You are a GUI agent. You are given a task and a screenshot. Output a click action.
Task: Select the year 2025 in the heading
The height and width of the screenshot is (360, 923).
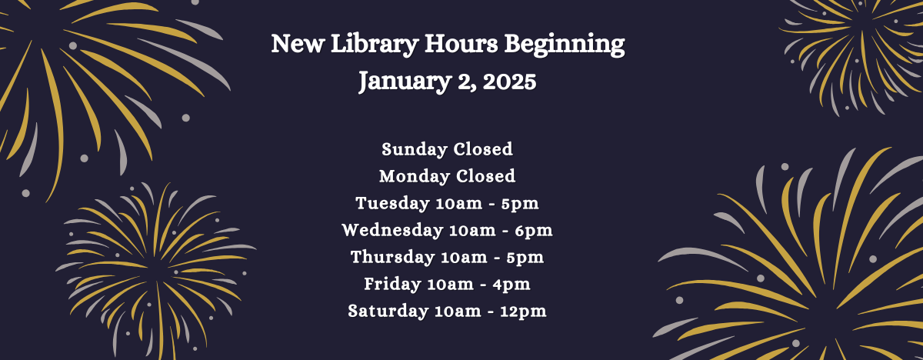[507, 81]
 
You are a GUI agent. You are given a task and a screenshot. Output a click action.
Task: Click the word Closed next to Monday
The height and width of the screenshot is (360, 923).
[485, 176]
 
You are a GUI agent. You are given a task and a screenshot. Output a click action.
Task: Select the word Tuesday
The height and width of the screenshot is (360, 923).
[392, 204]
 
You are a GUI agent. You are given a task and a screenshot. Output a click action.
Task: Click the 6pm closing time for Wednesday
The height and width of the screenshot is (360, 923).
[536, 231]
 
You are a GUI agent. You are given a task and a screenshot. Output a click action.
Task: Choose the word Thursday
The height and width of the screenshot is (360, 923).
[393, 258]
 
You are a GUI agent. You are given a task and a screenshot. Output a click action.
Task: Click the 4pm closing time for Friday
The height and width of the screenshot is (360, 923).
[513, 285]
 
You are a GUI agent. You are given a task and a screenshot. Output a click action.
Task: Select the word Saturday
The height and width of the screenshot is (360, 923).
[388, 312]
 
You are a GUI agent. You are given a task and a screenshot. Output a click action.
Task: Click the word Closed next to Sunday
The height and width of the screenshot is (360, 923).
[482, 149]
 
